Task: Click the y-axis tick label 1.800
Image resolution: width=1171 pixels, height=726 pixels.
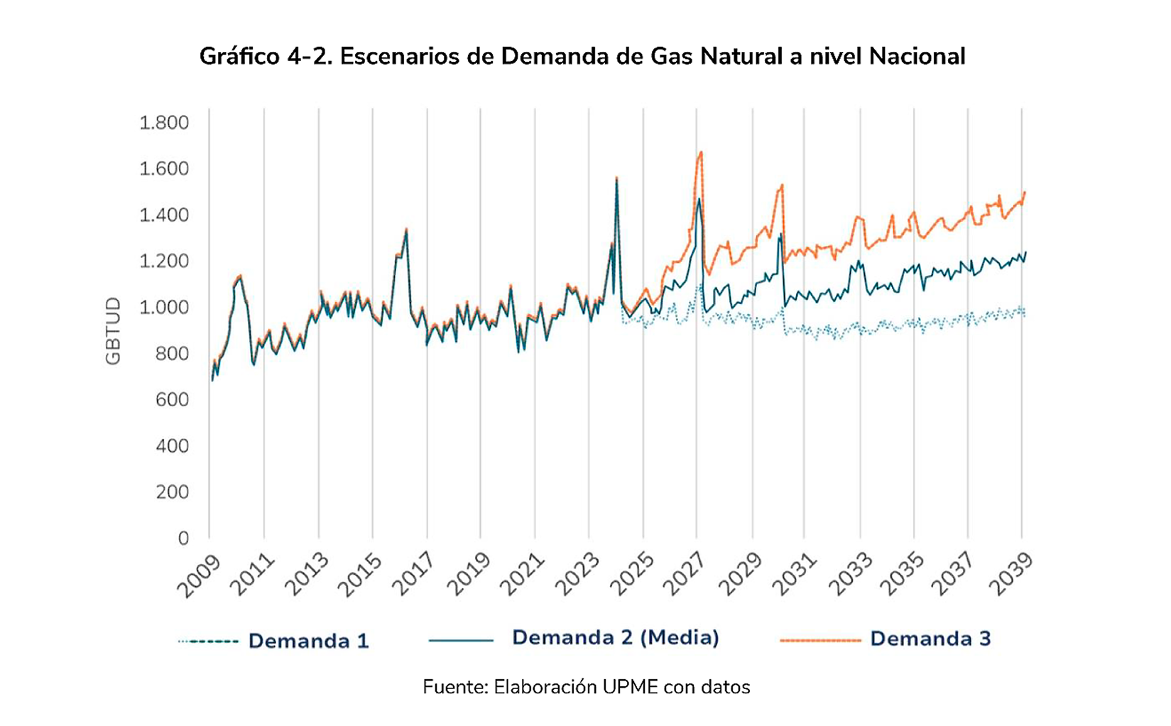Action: click(x=164, y=123)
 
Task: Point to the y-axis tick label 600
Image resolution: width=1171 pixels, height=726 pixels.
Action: click(x=173, y=400)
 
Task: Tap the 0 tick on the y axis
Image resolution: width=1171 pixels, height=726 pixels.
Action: click(x=183, y=538)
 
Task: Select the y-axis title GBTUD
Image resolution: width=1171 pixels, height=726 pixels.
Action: click(x=113, y=331)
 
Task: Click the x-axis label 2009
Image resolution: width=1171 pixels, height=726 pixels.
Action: click(x=199, y=576)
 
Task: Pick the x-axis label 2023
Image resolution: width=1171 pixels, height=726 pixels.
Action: click(x=576, y=576)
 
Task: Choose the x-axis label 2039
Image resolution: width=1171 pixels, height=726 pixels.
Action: click(x=1011, y=576)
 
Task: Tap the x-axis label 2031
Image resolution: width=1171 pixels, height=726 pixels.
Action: click(x=793, y=576)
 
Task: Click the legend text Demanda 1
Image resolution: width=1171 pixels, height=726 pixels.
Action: click(x=308, y=641)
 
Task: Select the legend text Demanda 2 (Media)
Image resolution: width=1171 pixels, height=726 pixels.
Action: click(x=615, y=637)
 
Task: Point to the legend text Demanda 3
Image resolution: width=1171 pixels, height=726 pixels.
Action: click(x=930, y=639)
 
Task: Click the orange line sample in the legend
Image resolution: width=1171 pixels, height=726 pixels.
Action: click(x=820, y=640)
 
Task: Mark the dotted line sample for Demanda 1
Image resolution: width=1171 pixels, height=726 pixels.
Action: click(x=208, y=641)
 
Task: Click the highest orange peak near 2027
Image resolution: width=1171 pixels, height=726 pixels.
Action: click(x=701, y=152)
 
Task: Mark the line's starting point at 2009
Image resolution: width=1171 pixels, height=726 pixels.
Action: click(x=212, y=381)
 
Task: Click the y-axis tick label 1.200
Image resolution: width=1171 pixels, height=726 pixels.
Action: click(x=164, y=261)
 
